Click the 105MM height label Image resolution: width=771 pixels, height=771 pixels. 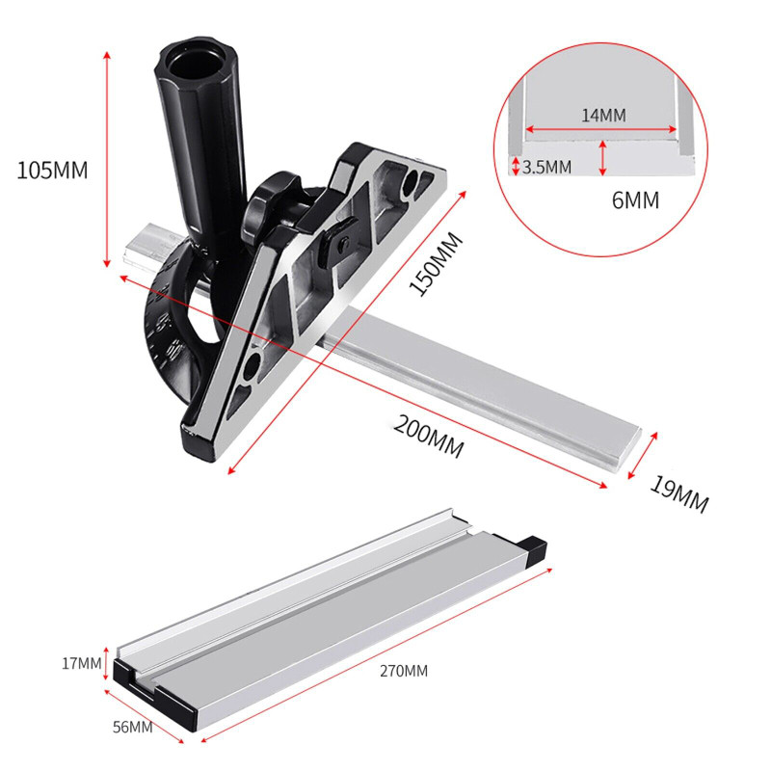point(52,171)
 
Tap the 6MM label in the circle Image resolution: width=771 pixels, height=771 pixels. point(635,200)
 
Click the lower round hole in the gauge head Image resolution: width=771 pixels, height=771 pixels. point(253,367)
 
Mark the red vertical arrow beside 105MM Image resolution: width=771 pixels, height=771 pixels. point(106,159)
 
